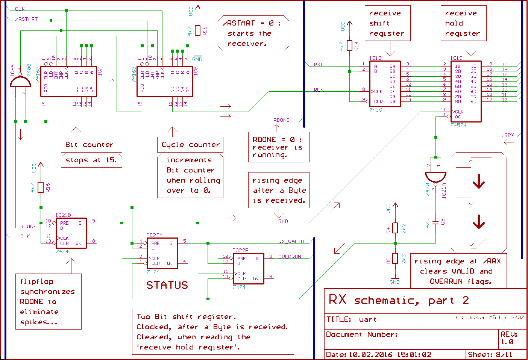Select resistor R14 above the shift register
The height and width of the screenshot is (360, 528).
(349, 46)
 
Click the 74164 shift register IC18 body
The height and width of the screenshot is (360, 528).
(385, 84)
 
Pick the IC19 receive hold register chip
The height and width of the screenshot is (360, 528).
(466, 91)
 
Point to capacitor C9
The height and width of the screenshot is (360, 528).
(436, 222)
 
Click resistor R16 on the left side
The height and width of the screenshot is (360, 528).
(41, 187)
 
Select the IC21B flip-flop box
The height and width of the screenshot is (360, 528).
(71, 233)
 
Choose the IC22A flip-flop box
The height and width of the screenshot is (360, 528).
(162, 253)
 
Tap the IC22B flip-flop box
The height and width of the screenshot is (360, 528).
(248, 268)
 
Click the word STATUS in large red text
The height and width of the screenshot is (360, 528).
(167, 285)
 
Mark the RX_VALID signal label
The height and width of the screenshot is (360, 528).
(291, 242)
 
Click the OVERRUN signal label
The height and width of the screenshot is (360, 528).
(290, 257)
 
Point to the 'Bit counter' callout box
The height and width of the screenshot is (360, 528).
(91, 145)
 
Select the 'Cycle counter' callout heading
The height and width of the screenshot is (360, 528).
(190, 145)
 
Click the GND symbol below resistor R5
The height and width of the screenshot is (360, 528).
(394, 281)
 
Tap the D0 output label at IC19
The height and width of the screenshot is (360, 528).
(504, 100)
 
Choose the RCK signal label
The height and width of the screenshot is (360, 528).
(319, 90)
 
